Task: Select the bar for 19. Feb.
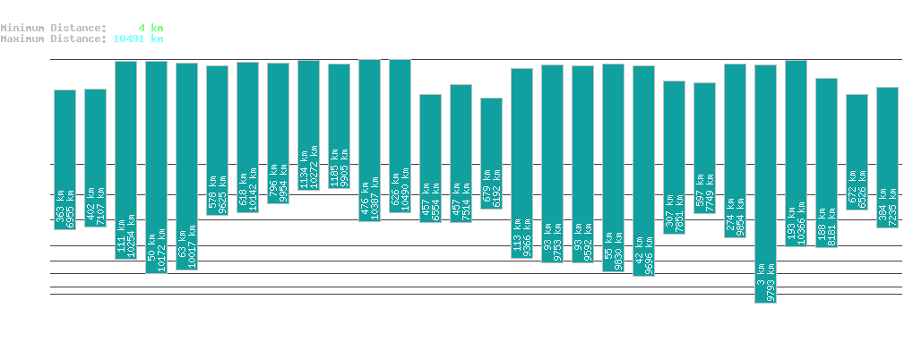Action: [x=156, y=167]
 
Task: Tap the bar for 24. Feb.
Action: [x=308, y=124]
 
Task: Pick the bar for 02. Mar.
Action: [x=491, y=153]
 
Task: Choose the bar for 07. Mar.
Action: [x=643, y=170]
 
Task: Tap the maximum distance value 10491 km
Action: [x=138, y=39]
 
